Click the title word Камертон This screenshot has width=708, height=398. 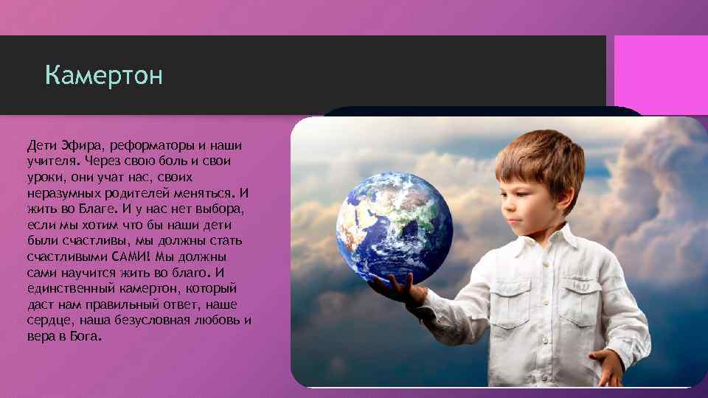[x=103, y=76]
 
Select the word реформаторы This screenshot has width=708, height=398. [x=139, y=144]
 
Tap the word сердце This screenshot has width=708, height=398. [x=48, y=321]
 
